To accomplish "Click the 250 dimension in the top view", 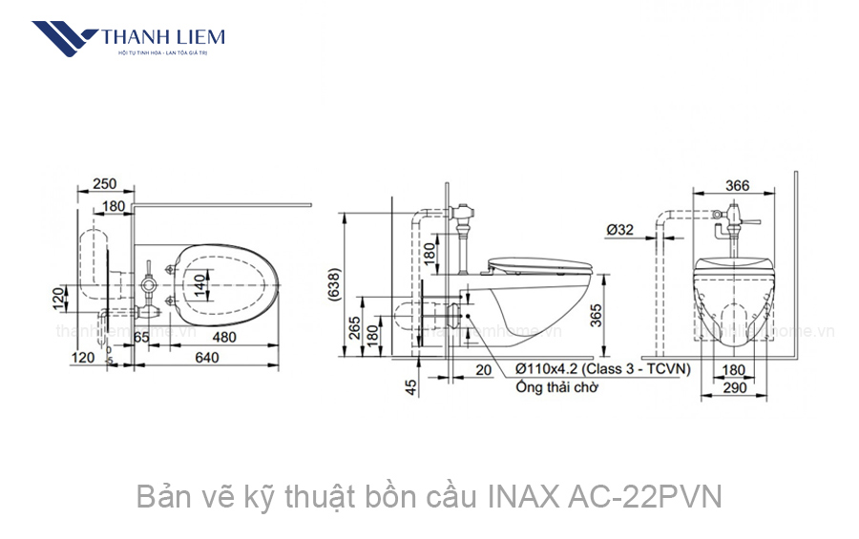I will (107, 184).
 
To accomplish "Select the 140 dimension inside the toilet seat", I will (200, 284).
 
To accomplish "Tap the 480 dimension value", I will (225, 338).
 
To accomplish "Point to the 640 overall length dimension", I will (207, 358).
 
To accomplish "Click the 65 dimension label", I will (141, 338).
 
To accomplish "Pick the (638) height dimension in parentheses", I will (333, 284).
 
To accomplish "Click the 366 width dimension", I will (736, 185).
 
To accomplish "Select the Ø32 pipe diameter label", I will (619, 230).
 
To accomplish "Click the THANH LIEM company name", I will (163, 37).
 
